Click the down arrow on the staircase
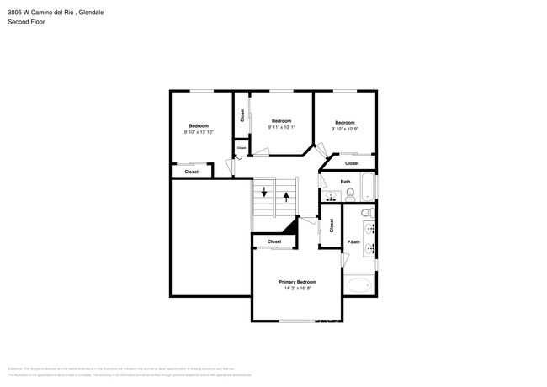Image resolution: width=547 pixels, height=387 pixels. click(265, 193)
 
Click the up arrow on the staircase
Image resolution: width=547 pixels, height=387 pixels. click(287, 198)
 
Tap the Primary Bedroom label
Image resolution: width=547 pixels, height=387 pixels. click(298, 282)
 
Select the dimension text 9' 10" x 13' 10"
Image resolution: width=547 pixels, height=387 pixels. click(199, 132)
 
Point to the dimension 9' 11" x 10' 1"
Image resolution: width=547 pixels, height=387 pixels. click(281, 127)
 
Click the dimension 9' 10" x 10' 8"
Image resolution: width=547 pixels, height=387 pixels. click(345, 129)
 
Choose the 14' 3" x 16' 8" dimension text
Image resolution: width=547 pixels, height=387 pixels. click(298, 289)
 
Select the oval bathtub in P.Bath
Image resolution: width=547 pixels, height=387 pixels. click(361, 285)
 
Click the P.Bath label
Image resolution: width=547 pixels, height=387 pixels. click(353, 243)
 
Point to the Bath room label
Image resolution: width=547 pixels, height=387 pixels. click(345, 182)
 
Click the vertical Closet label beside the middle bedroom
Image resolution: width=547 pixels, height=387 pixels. click(242, 116)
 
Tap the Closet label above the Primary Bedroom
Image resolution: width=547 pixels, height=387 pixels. click(274, 241)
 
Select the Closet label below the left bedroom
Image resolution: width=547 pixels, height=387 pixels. click(191, 172)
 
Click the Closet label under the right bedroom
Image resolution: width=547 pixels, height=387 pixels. click(352, 162)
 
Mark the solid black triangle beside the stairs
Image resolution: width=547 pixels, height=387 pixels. click(291, 225)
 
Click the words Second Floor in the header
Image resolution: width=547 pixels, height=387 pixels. click(26, 22)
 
